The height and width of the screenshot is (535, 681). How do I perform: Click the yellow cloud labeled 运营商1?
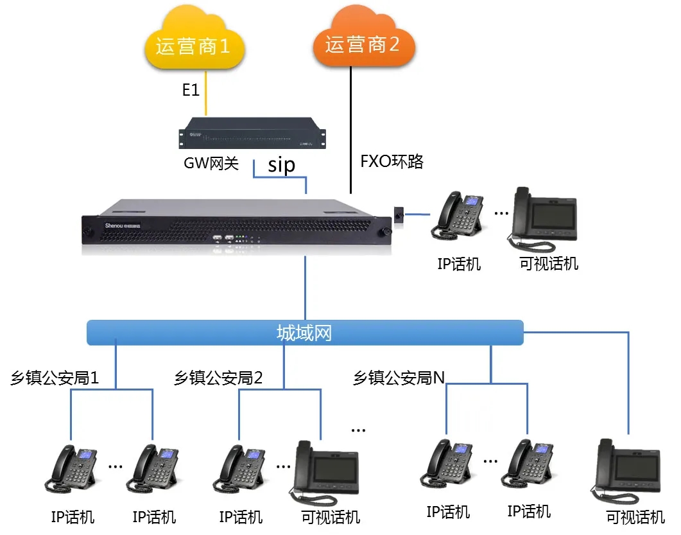pyautogui.click(x=192, y=44)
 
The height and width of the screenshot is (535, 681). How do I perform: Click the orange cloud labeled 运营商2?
pyautogui.click(x=363, y=44)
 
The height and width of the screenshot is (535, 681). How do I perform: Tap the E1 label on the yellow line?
pyautogui.click(x=191, y=91)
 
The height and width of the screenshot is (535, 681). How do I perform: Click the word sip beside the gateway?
pyautogui.click(x=282, y=165)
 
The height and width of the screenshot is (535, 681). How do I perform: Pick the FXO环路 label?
pyautogui.click(x=392, y=161)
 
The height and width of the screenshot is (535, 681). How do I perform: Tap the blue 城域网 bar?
pyautogui.click(x=305, y=333)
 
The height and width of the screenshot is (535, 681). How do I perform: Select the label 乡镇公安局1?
pyautogui.click(x=55, y=378)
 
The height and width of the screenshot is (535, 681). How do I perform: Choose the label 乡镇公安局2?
pyautogui.click(x=218, y=378)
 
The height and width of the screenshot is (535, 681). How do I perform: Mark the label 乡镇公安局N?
pyautogui.click(x=399, y=378)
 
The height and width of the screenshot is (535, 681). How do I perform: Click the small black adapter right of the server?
pyautogui.click(x=399, y=215)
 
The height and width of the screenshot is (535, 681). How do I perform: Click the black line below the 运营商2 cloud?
pyautogui.click(x=350, y=128)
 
